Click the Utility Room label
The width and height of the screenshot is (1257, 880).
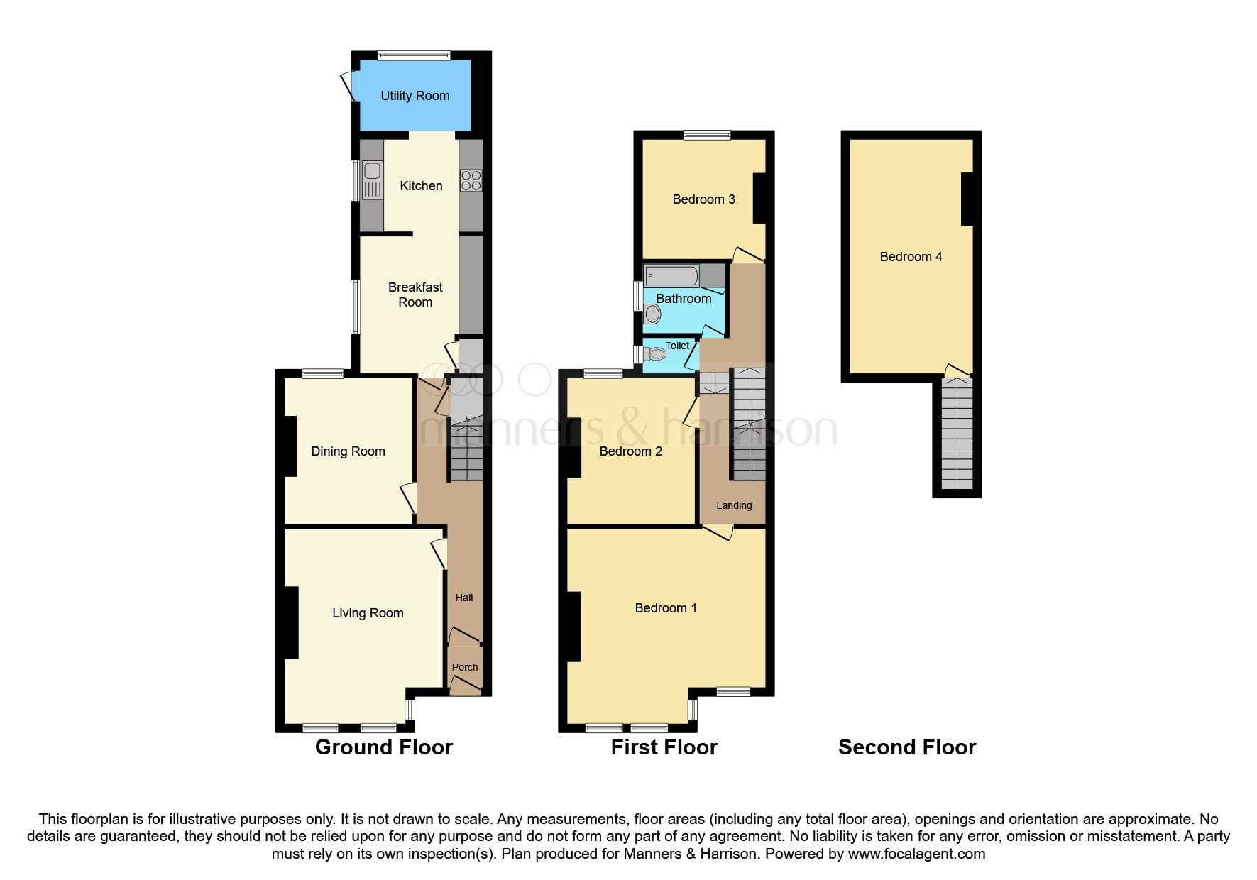[415, 96]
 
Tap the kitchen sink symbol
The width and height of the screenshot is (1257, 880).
[372, 180]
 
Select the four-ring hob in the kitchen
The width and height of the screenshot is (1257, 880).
[471, 181]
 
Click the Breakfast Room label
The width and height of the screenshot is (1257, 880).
[415, 295]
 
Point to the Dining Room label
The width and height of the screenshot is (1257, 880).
[348, 451]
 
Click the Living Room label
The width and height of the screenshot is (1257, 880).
[368, 613]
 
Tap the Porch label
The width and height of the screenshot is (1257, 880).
[465, 667]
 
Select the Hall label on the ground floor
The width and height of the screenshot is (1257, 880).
[464, 598]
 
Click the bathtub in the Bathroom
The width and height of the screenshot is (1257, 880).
[671, 275]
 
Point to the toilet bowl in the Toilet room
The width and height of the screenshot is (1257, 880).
[657, 353]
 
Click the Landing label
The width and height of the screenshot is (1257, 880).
[734, 505]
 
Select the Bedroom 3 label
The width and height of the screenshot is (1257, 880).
[703, 199]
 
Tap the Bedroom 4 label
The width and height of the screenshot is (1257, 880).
[911, 257]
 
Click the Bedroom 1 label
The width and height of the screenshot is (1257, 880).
[665, 608]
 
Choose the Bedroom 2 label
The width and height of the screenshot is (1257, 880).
[630, 451]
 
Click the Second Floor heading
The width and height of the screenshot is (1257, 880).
[906, 747]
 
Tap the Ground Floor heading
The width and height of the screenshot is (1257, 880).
[383, 747]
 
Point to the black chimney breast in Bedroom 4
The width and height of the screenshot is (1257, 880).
[967, 199]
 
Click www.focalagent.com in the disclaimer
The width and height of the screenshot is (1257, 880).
[916, 854]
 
